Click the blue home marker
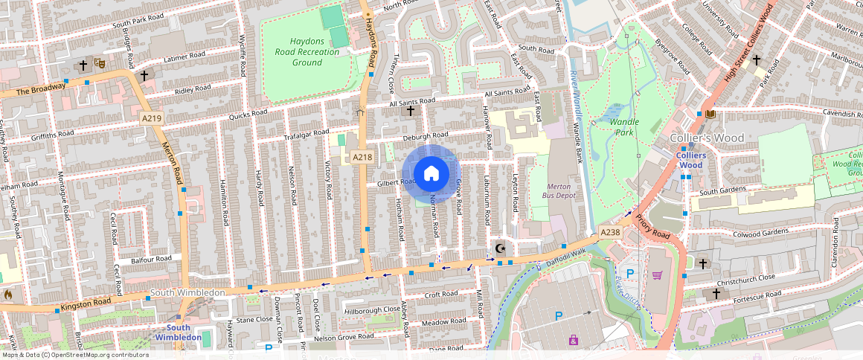[x=431, y=174]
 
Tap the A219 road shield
[x=151, y=118]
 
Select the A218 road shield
[x=362, y=157]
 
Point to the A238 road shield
[x=610, y=233]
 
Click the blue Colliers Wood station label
[x=690, y=160]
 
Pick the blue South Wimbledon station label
[x=178, y=332]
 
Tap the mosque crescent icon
[x=499, y=248]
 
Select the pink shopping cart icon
[x=657, y=275]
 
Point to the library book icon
[x=711, y=114]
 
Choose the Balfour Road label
[x=151, y=260]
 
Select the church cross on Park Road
[x=757, y=60]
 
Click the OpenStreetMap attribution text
[x=74, y=355]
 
